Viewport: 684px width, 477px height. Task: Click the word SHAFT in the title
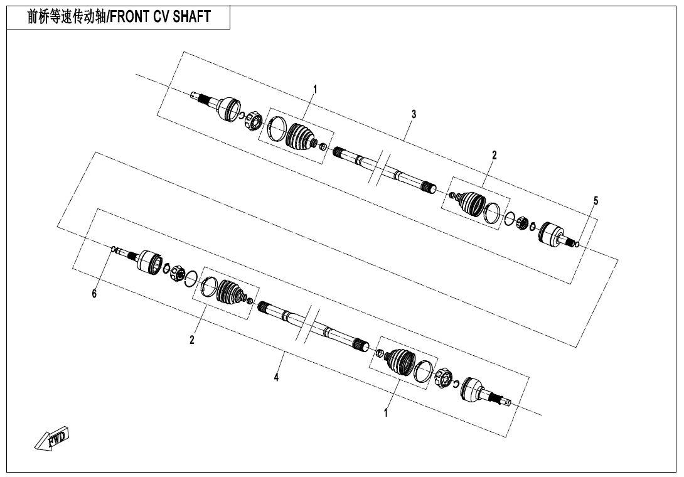pos(192,16)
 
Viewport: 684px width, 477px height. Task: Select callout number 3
pos(414,114)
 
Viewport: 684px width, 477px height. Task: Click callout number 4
pos(276,377)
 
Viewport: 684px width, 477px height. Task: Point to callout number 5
pos(596,201)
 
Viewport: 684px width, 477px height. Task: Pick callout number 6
pos(94,294)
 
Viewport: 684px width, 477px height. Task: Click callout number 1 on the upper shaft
pos(315,90)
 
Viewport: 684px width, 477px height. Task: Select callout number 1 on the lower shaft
pos(386,412)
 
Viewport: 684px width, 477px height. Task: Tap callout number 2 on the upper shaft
pos(494,155)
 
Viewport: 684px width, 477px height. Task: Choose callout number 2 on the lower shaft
pos(192,340)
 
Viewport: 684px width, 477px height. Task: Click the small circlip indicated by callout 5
pos(577,244)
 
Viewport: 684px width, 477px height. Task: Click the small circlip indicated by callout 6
pos(114,249)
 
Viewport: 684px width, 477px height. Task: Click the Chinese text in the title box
pos(67,16)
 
